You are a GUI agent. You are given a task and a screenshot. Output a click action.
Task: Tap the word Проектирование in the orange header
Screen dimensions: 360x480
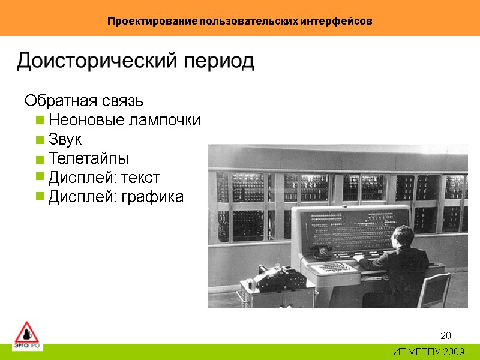tap(144, 21)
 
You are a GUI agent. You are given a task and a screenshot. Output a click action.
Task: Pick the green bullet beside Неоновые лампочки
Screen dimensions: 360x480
tap(40, 120)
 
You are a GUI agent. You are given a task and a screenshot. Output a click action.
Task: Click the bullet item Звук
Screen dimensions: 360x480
tap(65, 140)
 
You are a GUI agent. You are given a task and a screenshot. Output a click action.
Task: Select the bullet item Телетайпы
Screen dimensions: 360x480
tap(88, 159)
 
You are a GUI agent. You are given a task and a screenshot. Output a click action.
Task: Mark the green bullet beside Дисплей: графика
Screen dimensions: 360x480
tap(40, 197)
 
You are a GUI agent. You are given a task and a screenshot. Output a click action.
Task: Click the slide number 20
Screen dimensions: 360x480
tap(446, 335)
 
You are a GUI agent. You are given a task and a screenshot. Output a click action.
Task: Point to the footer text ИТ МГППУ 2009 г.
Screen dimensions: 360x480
tap(432, 352)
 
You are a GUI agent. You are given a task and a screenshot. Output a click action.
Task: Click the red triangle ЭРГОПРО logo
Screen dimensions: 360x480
tap(26, 334)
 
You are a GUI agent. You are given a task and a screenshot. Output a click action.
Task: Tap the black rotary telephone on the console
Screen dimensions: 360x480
tap(324, 251)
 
